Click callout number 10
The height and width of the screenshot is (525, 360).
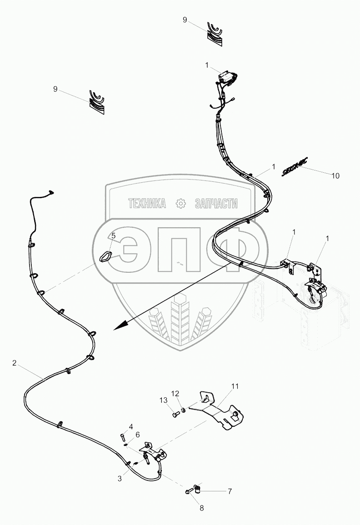[x=335, y=176]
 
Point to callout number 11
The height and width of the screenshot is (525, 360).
[x=235, y=387]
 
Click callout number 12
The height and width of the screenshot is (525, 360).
[x=175, y=393]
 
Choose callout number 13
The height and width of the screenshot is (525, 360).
[x=163, y=400]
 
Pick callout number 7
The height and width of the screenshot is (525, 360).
[x=230, y=491]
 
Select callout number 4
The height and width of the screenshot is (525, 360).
[x=130, y=427]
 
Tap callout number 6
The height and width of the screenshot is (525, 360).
[x=137, y=435]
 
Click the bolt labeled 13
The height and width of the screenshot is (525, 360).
[x=175, y=415]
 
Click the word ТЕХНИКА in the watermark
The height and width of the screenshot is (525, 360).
[x=147, y=204]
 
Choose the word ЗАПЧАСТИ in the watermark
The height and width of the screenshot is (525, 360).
[x=216, y=204]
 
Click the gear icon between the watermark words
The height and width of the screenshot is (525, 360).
[x=181, y=204]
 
